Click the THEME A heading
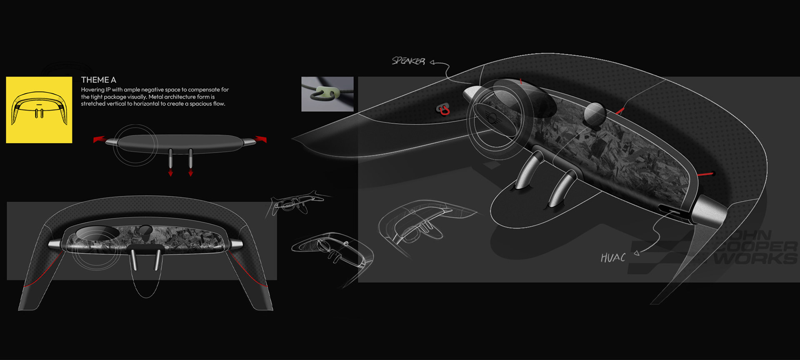pos(98,80)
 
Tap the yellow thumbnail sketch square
pos(39,110)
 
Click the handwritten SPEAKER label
pos(408,61)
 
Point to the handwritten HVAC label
pos(613,258)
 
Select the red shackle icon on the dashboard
pos(444,110)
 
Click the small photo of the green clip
pos(327,94)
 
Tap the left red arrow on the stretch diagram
pos(99,139)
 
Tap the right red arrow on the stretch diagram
pos(261,138)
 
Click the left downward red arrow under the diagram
pos(170,172)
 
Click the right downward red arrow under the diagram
pos(190,172)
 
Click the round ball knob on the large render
pos(594,113)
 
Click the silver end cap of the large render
pos(708,211)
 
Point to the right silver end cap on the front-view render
pos(236,244)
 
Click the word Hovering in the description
pos(92,90)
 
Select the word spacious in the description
pos(200,104)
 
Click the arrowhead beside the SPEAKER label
pos(432,62)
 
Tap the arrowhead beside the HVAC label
pos(636,252)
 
